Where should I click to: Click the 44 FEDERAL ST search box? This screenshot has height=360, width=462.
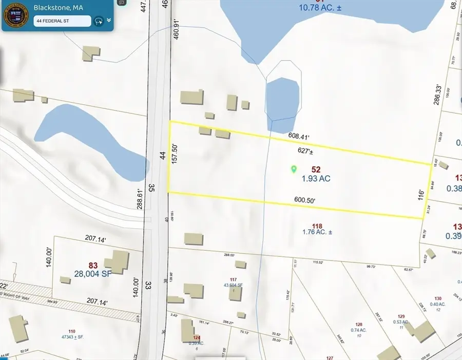pyautogui.click(x=62, y=21)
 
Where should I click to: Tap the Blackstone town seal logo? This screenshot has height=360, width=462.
pyautogui.click(x=16, y=16)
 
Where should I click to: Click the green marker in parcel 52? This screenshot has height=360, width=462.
pyautogui.click(x=294, y=168)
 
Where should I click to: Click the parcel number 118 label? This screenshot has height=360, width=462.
pyautogui.click(x=317, y=226)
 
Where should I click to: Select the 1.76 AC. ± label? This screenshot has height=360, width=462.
pyautogui.click(x=317, y=232)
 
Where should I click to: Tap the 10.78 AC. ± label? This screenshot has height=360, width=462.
pyautogui.click(x=320, y=7)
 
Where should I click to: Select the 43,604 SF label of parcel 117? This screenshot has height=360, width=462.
pyautogui.click(x=233, y=285)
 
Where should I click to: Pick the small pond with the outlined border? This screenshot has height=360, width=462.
pyautogui.click(x=283, y=98)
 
